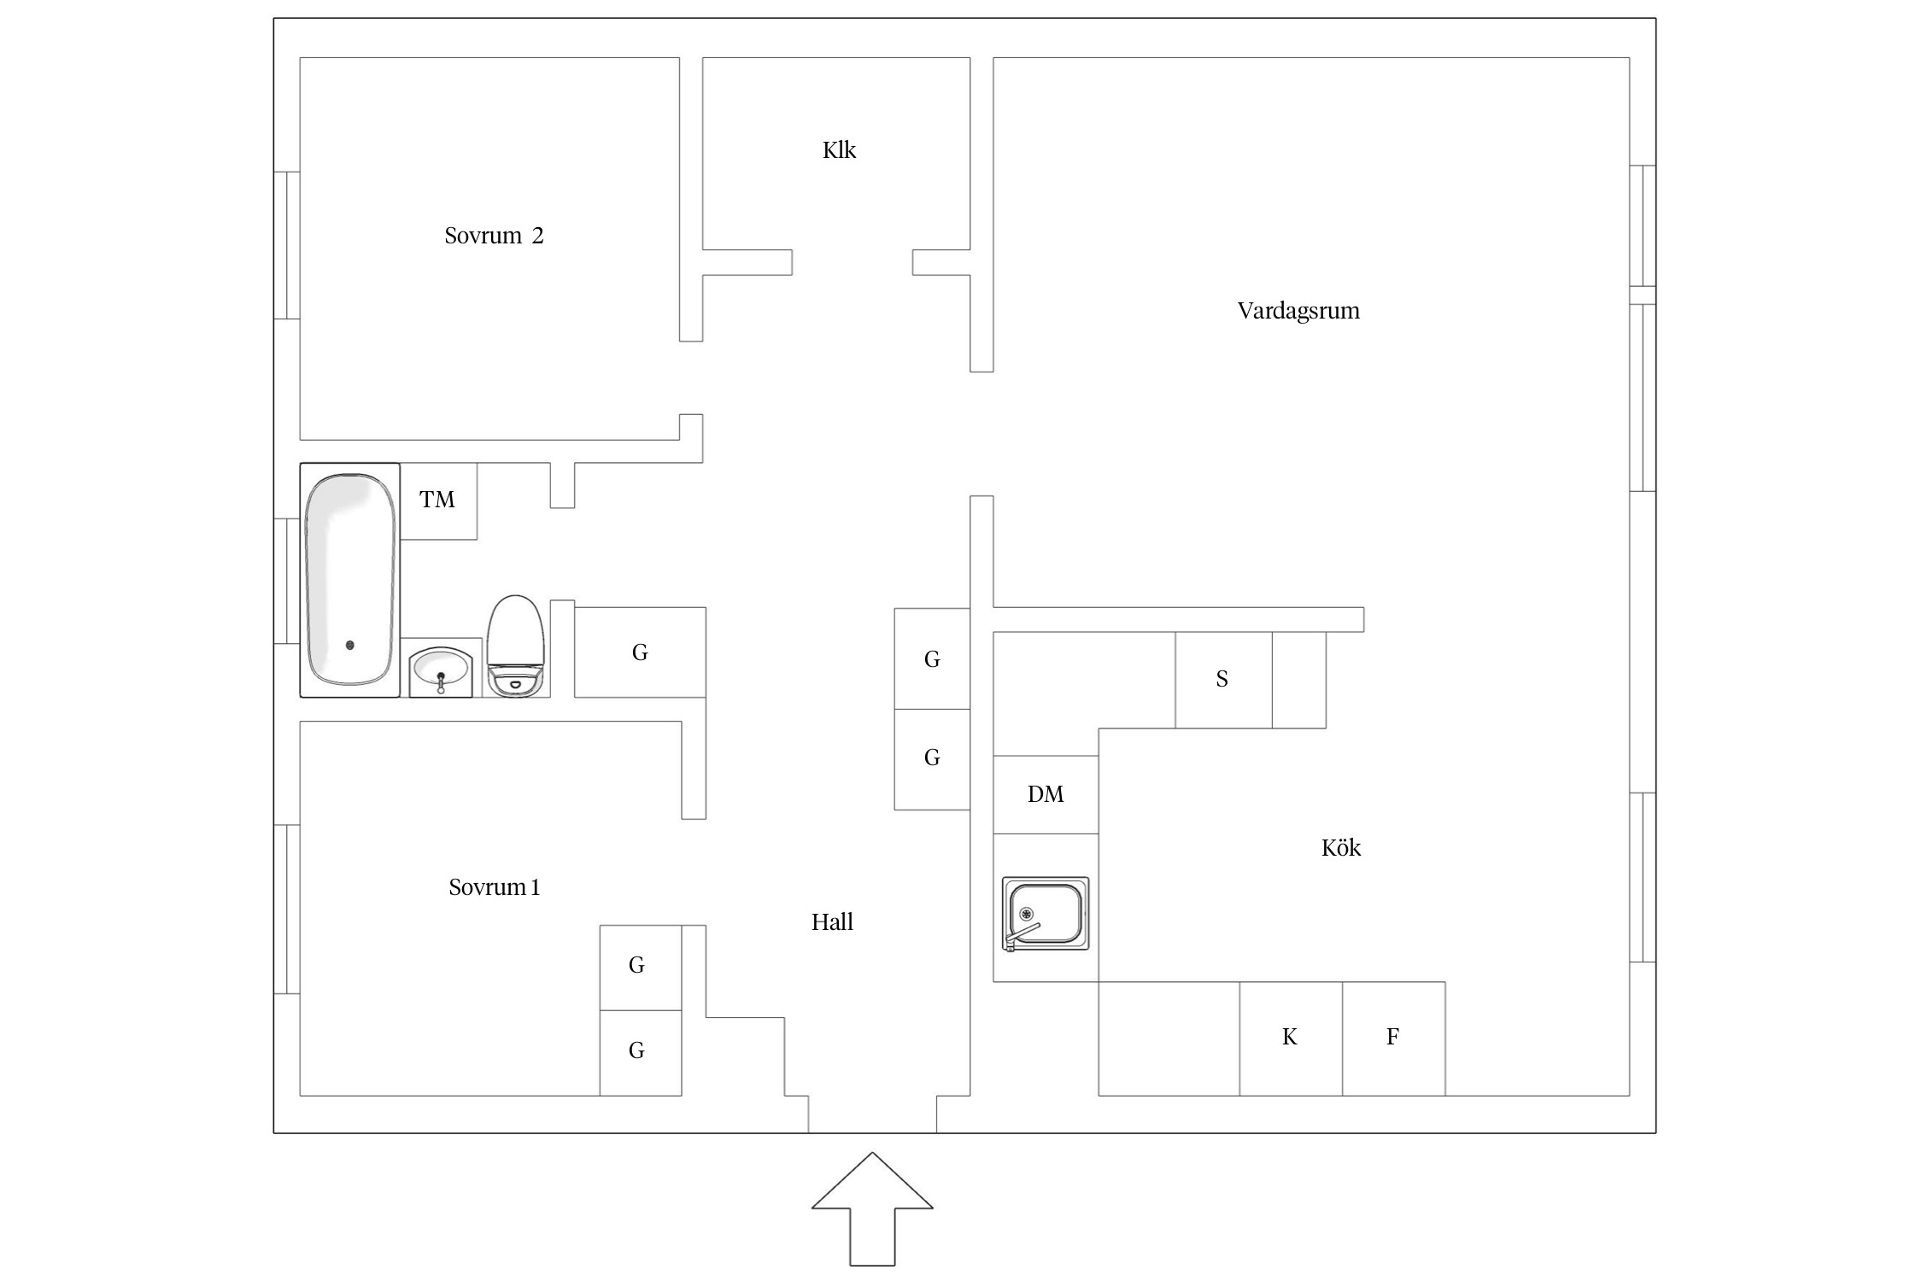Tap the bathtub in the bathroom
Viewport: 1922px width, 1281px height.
click(350, 580)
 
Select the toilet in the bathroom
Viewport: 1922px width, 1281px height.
click(516, 646)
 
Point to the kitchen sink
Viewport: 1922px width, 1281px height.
click(1046, 913)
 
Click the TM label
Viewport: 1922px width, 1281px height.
click(437, 500)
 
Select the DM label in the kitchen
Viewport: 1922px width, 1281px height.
click(1046, 794)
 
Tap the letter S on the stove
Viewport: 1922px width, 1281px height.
click(1222, 679)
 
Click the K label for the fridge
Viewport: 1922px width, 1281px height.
click(1290, 1037)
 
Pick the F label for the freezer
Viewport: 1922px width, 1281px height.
click(1392, 1037)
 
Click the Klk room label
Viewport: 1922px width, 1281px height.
click(839, 150)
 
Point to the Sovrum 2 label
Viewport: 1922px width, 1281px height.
click(494, 236)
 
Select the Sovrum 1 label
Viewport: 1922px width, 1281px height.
click(494, 887)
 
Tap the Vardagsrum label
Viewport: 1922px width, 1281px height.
click(1298, 311)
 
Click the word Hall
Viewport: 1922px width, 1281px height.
click(832, 921)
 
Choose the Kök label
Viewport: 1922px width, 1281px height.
click(1341, 847)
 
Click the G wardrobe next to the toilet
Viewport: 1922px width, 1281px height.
click(640, 652)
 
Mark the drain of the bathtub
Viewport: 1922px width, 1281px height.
click(350, 646)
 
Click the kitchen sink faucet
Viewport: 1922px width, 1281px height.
click(1022, 936)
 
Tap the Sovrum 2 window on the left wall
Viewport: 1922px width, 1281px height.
click(287, 245)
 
